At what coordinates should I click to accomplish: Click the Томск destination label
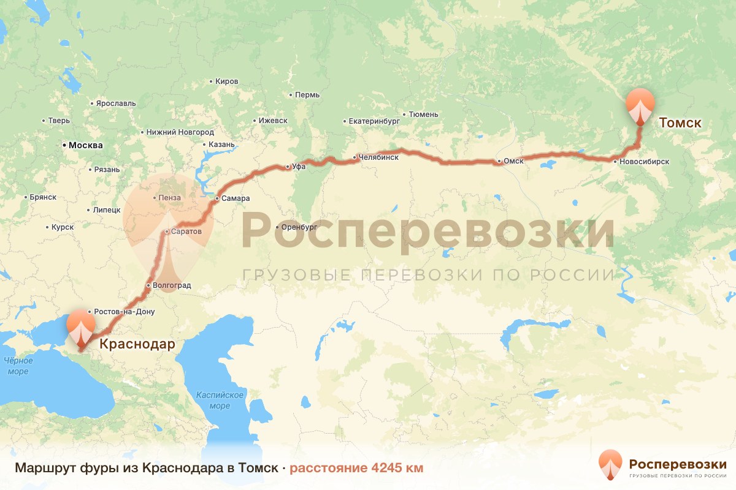click(680, 123)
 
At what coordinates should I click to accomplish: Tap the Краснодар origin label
click(137, 344)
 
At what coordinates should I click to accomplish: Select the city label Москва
click(85, 146)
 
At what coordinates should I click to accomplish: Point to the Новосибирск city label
click(644, 162)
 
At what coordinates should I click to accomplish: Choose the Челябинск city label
click(379, 157)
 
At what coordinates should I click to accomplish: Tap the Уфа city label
click(299, 166)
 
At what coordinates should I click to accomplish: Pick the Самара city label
click(236, 198)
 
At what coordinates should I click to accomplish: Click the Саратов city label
click(186, 232)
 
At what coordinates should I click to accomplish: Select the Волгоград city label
click(172, 285)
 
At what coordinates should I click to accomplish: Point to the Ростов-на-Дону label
click(125, 312)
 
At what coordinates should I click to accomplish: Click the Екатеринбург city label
click(374, 121)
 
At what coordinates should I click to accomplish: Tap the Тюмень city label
click(423, 115)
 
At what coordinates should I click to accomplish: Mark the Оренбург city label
click(299, 227)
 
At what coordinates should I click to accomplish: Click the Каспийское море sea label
click(220, 401)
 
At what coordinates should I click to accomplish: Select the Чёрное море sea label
click(18, 366)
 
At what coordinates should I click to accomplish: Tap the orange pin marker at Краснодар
click(80, 326)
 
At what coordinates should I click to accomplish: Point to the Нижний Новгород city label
click(180, 132)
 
